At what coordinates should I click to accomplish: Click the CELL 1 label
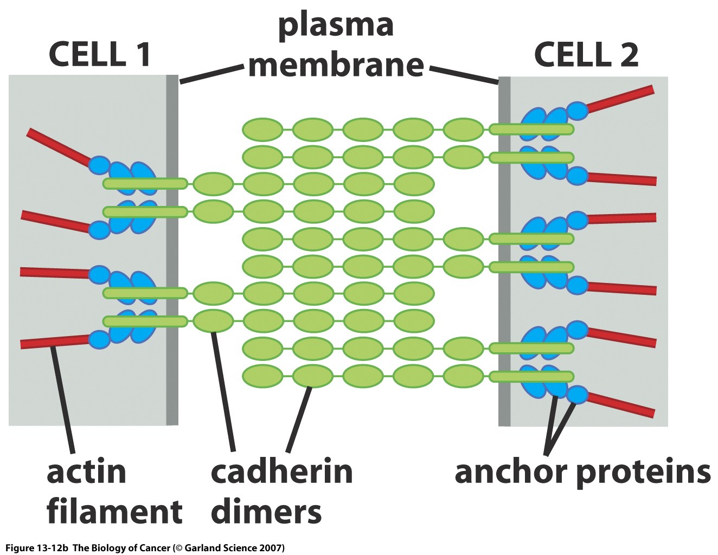(x=100, y=55)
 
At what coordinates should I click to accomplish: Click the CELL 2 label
(x=586, y=55)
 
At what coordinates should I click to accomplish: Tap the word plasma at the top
(x=336, y=25)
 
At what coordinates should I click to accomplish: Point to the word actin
(x=86, y=472)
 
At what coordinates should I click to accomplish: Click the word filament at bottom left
(x=114, y=512)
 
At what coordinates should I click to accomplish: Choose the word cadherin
(x=281, y=472)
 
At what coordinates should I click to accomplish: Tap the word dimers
(x=266, y=512)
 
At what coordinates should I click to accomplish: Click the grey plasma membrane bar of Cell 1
(x=172, y=249)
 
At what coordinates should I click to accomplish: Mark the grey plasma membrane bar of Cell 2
(x=504, y=249)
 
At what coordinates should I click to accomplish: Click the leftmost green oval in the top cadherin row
(x=262, y=130)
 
